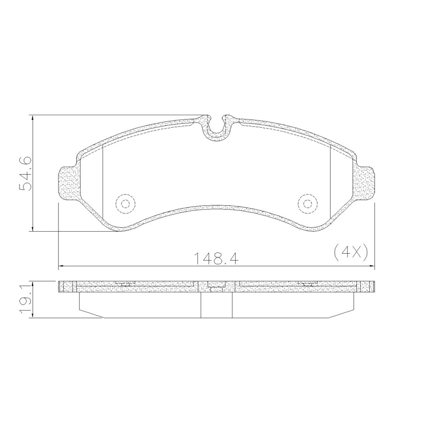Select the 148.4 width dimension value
point(216,259)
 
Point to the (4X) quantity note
point(351,252)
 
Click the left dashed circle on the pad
point(126,204)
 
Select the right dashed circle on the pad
point(307,204)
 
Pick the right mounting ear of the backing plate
point(366,184)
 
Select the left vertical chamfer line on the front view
point(102,182)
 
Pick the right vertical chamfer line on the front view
point(330,182)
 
